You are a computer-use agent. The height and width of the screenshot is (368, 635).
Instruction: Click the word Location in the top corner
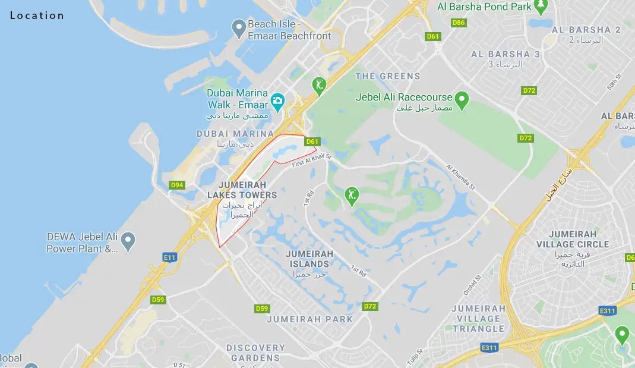(x=37, y=15)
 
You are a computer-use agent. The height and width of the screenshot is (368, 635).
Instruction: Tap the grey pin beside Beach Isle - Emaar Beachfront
(x=238, y=27)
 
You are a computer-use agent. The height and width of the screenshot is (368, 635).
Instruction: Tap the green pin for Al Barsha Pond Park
(x=541, y=5)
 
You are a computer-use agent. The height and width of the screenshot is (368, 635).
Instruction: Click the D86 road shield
(x=458, y=23)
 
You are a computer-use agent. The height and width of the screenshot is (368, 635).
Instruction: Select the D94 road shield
(x=177, y=185)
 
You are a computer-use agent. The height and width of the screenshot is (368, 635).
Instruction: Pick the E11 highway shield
(x=170, y=257)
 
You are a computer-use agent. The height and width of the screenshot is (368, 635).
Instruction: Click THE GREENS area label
(x=387, y=76)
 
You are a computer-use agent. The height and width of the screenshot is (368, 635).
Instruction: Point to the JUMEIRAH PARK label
(x=309, y=319)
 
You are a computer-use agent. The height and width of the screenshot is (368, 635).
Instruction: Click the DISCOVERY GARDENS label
(x=255, y=353)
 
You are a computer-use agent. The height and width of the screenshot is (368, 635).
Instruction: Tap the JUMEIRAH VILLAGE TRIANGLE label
(x=478, y=318)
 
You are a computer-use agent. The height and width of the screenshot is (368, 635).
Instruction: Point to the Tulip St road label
(x=418, y=358)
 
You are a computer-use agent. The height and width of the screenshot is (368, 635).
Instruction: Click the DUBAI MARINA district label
(x=235, y=134)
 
